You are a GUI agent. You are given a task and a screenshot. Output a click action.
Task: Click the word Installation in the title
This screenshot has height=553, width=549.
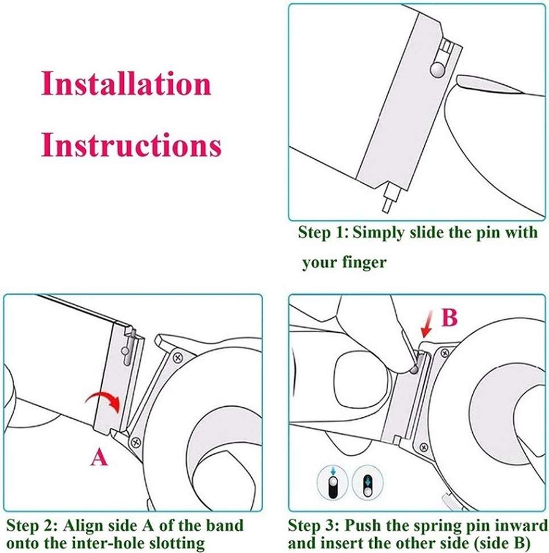[126, 84]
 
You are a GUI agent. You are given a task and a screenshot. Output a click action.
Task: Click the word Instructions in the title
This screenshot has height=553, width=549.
[131, 145]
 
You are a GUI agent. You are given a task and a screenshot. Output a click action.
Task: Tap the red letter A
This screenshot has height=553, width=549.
[99, 458]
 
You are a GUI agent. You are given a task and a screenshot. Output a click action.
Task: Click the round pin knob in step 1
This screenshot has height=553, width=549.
[437, 69]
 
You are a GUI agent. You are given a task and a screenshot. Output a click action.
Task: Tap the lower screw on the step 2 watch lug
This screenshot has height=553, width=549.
[136, 441]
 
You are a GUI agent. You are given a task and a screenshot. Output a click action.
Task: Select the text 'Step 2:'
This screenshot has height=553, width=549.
[32, 525]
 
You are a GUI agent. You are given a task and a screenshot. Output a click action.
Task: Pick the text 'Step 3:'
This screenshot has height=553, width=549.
[314, 525]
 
